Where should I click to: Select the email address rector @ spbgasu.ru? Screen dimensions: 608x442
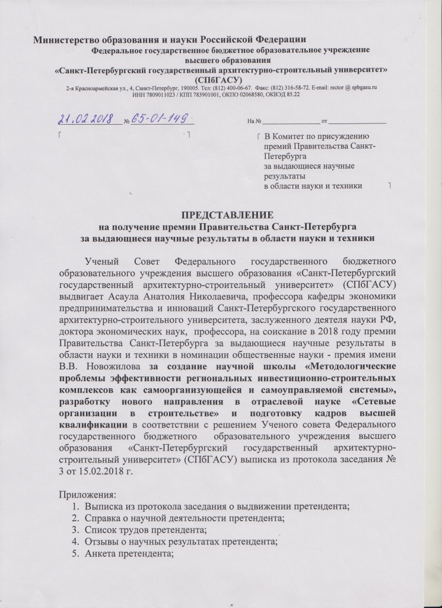click(352, 87)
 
